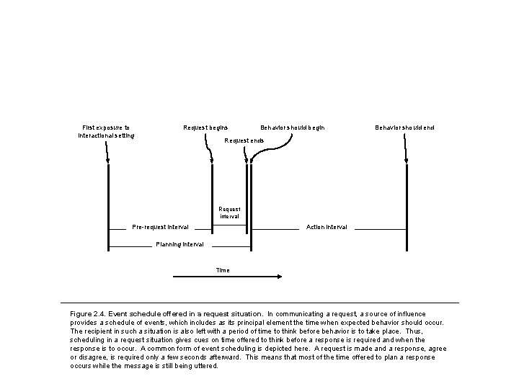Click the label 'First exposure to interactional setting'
point(105,131)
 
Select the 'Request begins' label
point(205,128)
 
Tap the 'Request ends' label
point(244,140)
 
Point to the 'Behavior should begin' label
point(292,128)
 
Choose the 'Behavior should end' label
point(404,128)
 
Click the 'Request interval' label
point(230,212)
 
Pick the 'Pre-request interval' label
point(160,228)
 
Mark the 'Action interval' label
point(327,227)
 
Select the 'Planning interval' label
point(179,244)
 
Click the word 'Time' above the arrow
point(223,270)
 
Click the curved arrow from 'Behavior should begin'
point(270,155)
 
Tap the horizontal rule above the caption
point(259,302)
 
